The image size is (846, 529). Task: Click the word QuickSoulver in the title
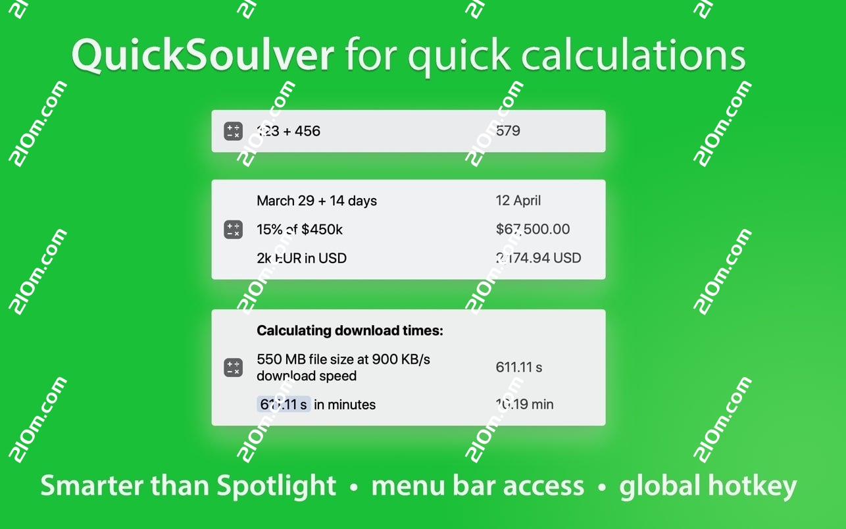click(203, 55)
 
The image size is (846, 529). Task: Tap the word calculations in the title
click(633, 55)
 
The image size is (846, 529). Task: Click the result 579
click(508, 131)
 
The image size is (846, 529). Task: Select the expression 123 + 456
click(288, 131)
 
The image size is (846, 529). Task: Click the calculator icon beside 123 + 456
click(233, 131)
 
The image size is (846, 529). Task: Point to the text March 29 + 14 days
click(316, 201)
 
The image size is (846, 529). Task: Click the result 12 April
click(518, 201)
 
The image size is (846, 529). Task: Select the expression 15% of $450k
click(299, 230)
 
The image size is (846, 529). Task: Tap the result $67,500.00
click(532, 230)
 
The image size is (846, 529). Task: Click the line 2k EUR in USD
click(301, 258)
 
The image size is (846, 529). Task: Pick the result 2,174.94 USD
click(538, 258)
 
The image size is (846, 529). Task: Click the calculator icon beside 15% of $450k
click(233, 230)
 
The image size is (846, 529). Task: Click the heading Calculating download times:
click(349, 330)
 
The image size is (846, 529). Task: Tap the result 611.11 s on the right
click(518, 367)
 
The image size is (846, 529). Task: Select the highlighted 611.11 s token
click(284, 405)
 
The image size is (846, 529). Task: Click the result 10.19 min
click(524, 405)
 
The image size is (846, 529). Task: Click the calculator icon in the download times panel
click(233, 367)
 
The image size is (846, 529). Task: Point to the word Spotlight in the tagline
click(276, 486)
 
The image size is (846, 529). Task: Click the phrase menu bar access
click(478, 486)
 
